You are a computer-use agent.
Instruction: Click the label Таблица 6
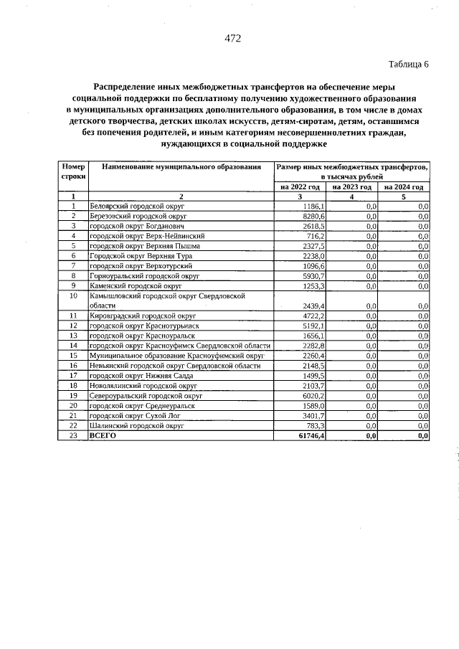[x=408, y=64]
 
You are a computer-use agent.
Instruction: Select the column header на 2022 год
[x=300, y=186]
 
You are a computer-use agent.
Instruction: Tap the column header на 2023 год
[x=351, y=186]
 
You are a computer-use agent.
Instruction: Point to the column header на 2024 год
[x=404, y=186]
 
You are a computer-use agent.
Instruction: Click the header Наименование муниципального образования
[x=181, y=167]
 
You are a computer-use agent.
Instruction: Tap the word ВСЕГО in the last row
[x=103, y=435]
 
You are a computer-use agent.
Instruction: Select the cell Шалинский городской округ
[x=136, y=425]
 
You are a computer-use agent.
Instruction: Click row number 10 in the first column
[x=73, y=295]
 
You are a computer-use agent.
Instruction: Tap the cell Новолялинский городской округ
[x=138, y=385]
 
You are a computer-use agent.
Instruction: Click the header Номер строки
[x=73, y=171]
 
